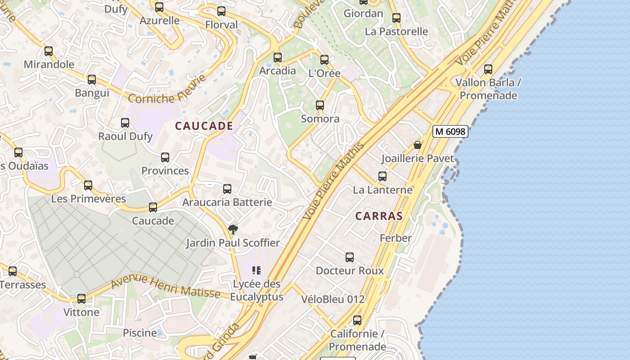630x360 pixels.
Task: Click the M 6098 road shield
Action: point(450,131)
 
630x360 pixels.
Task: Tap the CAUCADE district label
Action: point(204,126)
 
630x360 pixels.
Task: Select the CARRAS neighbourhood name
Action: point(379,216)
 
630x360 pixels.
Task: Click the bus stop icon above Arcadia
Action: point(278,58)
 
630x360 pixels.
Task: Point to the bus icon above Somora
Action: point(320,105)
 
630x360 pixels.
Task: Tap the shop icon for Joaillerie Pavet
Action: point(418,145)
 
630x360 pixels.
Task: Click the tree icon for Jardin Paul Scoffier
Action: point(233,229)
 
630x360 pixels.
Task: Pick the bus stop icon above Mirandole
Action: point(49,51)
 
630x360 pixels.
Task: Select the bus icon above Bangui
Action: point(92,80)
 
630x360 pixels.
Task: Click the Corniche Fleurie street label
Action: point(167,90)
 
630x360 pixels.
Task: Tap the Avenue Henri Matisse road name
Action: point(165,287)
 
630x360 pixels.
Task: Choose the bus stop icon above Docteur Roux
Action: point(350,257)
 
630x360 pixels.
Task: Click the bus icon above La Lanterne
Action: point(382,176)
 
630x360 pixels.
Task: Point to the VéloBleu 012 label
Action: point(333,299)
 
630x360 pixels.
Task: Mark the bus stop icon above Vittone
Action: point(81,299)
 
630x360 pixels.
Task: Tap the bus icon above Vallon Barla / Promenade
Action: point(488,69)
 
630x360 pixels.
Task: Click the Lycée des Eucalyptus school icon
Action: point(256,270)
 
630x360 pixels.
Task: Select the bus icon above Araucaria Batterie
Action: point(227,189)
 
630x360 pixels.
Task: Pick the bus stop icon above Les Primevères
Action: point(88,185)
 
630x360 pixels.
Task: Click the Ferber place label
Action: point(396,238)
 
